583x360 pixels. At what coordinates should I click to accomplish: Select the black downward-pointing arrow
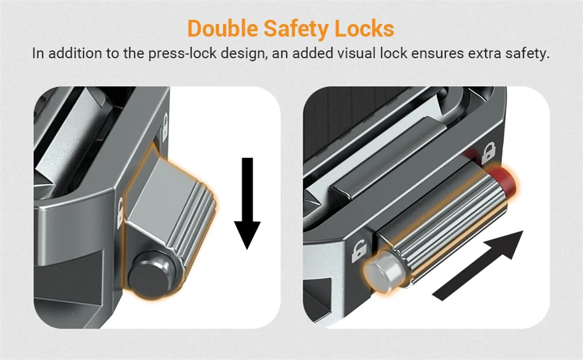247,203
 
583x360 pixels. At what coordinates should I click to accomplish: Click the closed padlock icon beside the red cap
488,153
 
